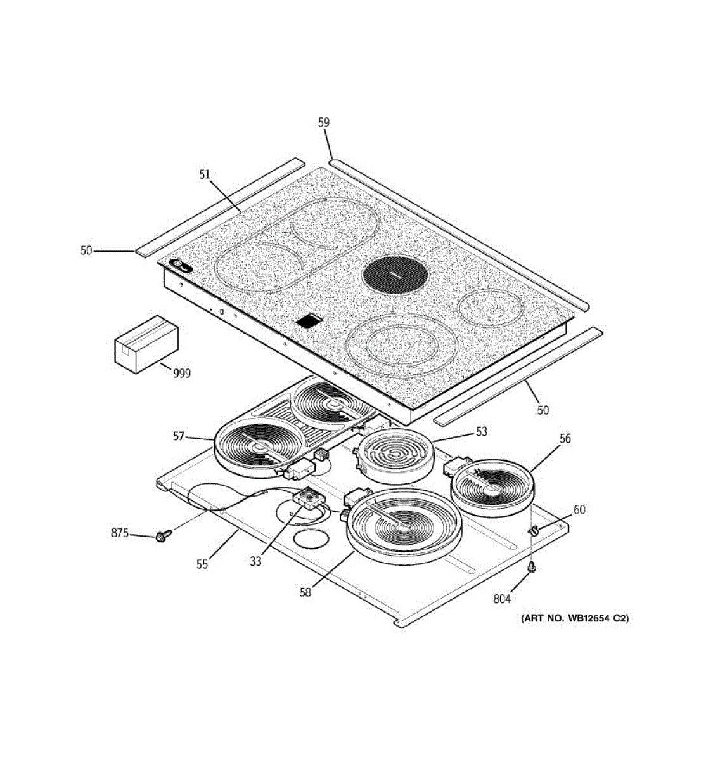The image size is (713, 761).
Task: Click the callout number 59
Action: pyautogui.click(x=324, y=122)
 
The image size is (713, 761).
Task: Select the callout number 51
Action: pyautogui.click(x=204, y=174)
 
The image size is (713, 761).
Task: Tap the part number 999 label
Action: pyautogui.click(x=181, y=374)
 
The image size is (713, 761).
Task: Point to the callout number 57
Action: pyautogui.click(x=179, y=436)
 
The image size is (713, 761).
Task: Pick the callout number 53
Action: pyautogui.click(x=482, y=431)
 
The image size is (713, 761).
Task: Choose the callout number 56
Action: pyautogui.click(x=565, y=438)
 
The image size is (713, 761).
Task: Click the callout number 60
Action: pyautogui.click(x=579, y=509)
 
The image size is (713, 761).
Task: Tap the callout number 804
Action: pyautogui.click(x=501, y=598)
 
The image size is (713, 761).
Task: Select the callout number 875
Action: pyautogui.click(x=120, y=533)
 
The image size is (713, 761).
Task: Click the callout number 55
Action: pyautogui.click(x=202, y=564)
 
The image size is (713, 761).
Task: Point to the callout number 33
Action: pyautogui.click(x=255, y=561)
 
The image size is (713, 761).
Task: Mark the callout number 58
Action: pyautogui.click(x=306, y=592)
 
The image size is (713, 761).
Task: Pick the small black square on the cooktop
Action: pyautogui.click(x=308, y=322)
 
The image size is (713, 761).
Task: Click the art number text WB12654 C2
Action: pyautogui.click(x=575, y=618)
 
